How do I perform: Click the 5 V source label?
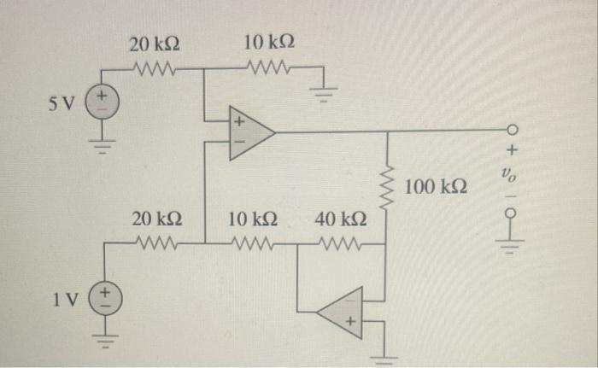(x=65, y=105)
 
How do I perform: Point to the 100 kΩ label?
(x=436, y=186)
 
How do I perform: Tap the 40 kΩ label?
(x=341, y=220)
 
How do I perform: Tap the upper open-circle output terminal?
(x=513, y=131)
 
